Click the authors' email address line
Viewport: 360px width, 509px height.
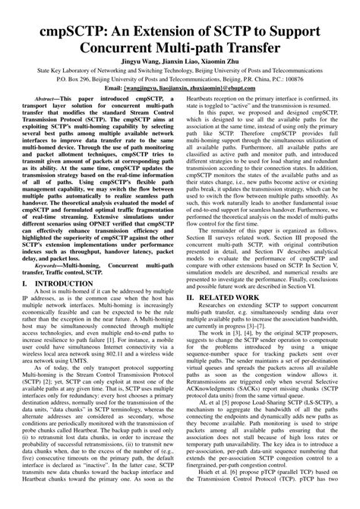click(x=179, y=109)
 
